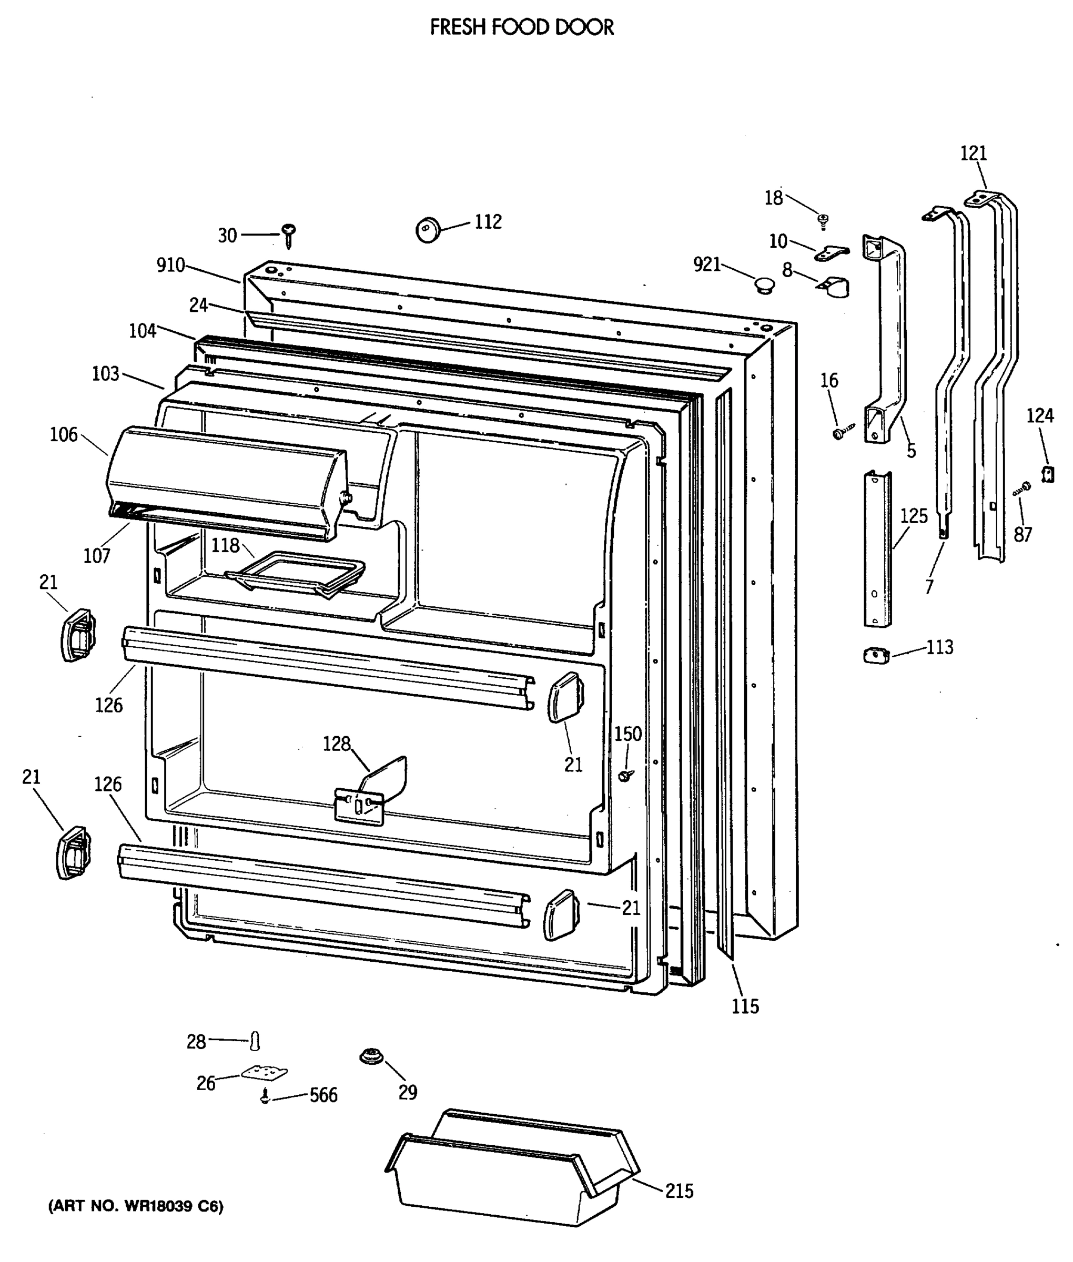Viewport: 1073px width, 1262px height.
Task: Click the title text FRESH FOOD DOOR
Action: tap(521, 27)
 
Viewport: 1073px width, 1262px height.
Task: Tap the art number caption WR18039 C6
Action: tap(136, 1206)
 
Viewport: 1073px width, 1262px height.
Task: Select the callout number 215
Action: tap(679, 1190)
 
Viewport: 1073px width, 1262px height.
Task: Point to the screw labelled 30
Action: tap(289, 234)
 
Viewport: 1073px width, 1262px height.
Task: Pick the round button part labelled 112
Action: tap(428, 230)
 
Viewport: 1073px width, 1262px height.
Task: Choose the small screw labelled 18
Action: tap(824, 220)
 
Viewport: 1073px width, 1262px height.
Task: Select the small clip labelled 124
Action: tap(1047, 474)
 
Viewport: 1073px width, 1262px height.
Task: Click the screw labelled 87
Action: tap(1022, 488)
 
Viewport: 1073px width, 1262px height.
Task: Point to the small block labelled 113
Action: tap(876, 656)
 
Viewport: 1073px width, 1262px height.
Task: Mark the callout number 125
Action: tap(914, 516)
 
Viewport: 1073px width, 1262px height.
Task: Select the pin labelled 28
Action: tap(256, 1041)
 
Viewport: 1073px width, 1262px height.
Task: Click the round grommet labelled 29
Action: tap(370, 1056)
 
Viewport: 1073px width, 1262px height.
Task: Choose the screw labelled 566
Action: tap(265, 1096)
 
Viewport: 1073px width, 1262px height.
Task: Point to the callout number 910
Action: tap(170, 265)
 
